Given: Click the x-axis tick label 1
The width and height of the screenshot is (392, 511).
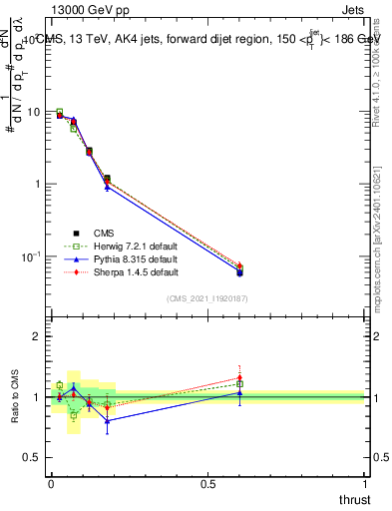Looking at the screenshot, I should pos(365,484).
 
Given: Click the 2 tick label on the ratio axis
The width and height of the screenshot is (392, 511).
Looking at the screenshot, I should pos(36,336).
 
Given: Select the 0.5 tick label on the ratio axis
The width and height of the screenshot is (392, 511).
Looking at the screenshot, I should pos(32,458).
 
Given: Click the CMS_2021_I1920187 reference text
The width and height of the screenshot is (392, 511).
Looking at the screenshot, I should pos(207,298).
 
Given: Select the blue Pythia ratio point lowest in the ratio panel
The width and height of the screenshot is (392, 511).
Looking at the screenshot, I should pos(107,420).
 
